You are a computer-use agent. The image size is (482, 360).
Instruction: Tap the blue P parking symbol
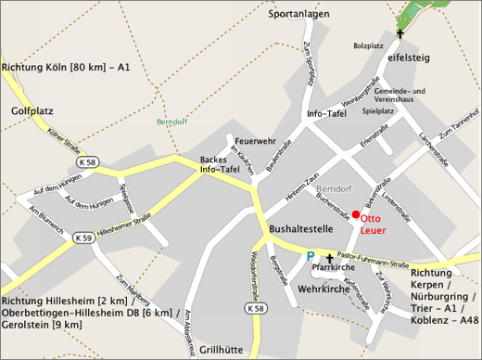pos(311,254)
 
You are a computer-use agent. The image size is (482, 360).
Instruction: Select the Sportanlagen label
pos(299,15)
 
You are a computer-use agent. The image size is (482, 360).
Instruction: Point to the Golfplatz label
pos(32,110)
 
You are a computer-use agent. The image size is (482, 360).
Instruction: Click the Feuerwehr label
pos(255,141)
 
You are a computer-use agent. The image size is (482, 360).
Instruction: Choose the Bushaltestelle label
pos(302,227)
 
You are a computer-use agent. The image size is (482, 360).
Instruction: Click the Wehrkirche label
pos(323,289)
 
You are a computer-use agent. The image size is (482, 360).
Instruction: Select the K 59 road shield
pos(82,237)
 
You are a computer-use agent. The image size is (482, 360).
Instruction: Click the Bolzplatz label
pos(368,45)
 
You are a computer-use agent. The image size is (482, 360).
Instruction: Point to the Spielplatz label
pos(378,110)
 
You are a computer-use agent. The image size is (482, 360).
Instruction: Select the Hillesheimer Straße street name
pos(124,236)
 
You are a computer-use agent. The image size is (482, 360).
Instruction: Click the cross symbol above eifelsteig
pos(400,34)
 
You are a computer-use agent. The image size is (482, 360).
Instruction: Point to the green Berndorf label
pos(172,121)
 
